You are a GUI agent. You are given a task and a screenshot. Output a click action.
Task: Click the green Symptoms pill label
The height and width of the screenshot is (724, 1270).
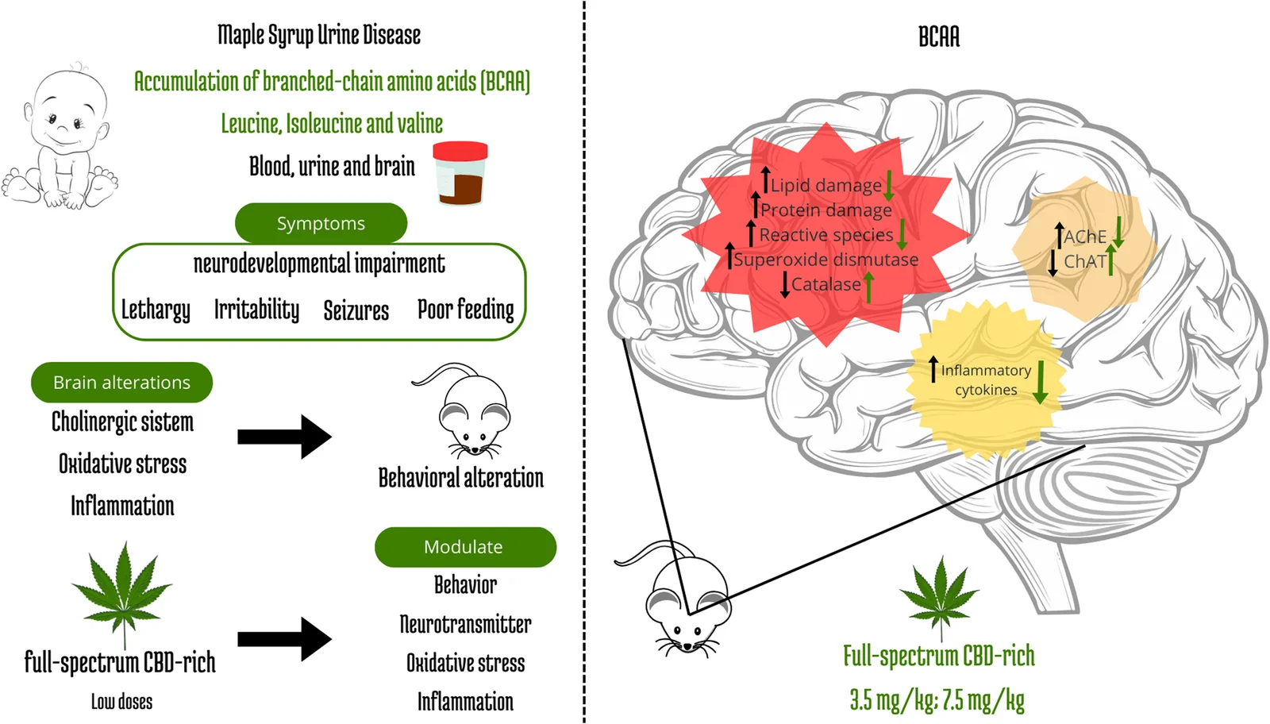(x=321, y=223)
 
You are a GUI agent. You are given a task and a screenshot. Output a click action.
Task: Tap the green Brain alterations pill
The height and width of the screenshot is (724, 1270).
(x=122, y=382)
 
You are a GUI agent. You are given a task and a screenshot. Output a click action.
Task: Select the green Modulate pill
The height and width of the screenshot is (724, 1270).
(x=465, y=547)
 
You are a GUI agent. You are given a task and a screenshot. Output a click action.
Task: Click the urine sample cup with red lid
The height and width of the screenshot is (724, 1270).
(x=460, y=174)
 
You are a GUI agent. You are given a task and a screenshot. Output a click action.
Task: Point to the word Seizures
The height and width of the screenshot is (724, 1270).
(x=356, y=310)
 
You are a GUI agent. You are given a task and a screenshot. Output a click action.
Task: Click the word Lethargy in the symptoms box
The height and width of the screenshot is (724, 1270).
(x=156, y=310)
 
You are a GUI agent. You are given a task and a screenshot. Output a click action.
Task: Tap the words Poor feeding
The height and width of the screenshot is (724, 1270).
(x=465, y=310)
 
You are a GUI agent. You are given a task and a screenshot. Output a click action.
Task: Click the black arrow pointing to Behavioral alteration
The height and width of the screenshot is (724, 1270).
(x=285, y=437)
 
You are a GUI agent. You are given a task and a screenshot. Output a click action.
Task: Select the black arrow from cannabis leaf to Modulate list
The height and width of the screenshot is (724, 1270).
(x=285, y=639)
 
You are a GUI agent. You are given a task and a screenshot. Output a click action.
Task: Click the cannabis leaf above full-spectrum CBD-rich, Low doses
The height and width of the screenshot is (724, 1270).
(x=122, y=590)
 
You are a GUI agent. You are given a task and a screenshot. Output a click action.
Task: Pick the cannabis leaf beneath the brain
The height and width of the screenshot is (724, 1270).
(x=940, y=595)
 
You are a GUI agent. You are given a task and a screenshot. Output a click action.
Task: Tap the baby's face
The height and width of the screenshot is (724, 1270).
(x=67, y=114)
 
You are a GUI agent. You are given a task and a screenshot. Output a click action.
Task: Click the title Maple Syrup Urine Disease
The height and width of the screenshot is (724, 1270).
(x=319, y=35)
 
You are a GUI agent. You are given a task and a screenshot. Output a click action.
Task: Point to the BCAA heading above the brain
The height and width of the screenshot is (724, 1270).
(x=939, y=37)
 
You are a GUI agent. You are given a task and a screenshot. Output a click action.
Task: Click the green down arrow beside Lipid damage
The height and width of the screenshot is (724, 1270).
(x=888, y=186)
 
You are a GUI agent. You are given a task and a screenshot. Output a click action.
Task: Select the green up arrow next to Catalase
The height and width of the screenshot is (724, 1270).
(x=868, y=287)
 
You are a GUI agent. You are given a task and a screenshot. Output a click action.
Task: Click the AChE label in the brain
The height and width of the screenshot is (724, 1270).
(x=1084, y=237)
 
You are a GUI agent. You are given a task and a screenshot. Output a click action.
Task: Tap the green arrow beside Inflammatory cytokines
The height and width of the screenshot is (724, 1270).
(x=1041, y=382)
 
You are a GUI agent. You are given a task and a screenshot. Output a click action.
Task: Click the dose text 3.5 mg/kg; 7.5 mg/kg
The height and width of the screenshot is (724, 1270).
(x=937, y=699)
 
